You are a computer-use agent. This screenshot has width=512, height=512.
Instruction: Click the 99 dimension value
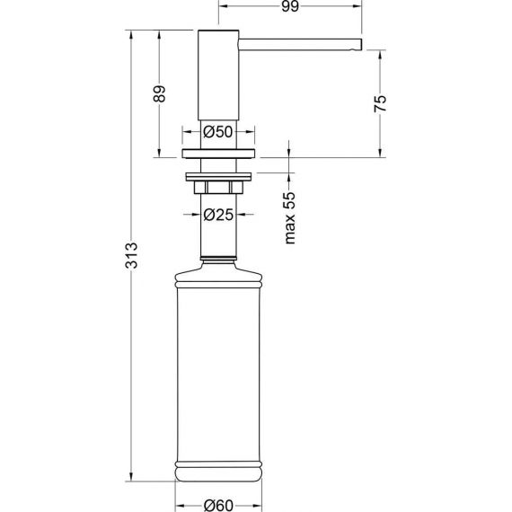click(290, 6)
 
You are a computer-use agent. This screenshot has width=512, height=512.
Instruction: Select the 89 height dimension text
click(159, 93)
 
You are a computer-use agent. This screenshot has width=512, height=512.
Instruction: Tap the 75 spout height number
click(380, 104)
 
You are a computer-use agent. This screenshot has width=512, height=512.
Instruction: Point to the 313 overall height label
click(131, 255)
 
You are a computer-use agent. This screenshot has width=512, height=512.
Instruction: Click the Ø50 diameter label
click(218, 132)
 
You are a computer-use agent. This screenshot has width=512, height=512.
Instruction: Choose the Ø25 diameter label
click(218, 215)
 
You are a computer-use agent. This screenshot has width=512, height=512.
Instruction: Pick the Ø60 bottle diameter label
click(218, 506)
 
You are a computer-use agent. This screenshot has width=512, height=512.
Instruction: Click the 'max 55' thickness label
click(290, 217)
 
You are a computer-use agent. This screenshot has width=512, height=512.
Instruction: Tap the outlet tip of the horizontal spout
click(361, 45)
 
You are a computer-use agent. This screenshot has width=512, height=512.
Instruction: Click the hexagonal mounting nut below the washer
click(218, 187)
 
